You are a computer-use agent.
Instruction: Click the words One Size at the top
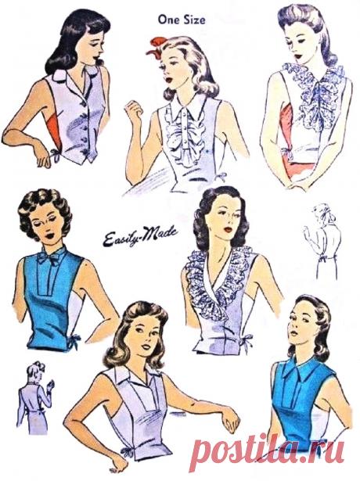[182, 20]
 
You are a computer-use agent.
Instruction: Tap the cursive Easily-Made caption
[140, 235]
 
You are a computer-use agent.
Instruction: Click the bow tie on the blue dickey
[51, 258]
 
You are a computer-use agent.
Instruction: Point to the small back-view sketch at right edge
[322, 241]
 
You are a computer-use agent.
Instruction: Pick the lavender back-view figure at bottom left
[35, 397]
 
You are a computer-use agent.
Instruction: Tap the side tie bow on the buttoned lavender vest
[55, 155]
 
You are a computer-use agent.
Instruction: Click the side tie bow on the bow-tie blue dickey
[74, 340]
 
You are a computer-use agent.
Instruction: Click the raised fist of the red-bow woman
[134, 110]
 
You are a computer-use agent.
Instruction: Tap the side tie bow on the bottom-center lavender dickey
[127, 451]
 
